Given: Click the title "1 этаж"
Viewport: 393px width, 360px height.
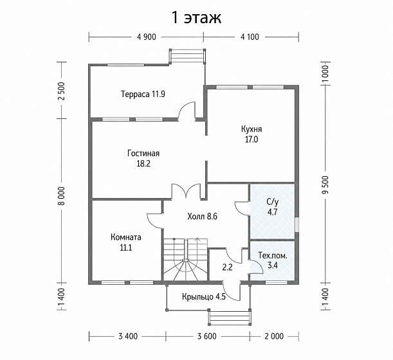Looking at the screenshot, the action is (197, 18).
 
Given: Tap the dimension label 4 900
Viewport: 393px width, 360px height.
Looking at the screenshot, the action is (147, 37).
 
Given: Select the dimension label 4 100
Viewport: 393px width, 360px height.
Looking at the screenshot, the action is (250, 37).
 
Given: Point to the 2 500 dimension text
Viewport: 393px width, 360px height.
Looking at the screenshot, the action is (62, 91).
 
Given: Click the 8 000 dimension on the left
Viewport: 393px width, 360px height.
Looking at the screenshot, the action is (62, 196).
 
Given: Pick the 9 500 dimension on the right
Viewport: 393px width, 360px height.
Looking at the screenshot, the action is (325, 185).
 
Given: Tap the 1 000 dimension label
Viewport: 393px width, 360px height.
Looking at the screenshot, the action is (325, 74).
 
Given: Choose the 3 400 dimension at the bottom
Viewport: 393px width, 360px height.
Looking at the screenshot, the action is (128, 336).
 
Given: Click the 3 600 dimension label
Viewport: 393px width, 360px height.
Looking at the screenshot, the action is (206, 336).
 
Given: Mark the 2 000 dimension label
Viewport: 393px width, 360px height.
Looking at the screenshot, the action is (274, 336).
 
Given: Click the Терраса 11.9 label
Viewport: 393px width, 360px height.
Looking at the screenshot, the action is (143, 94).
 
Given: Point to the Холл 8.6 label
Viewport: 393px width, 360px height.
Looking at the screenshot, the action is (202, 216).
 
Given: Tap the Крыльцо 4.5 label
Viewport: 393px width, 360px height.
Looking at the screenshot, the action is (204, 297).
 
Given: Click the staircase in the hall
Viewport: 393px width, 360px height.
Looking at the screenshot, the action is (186, 260).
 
